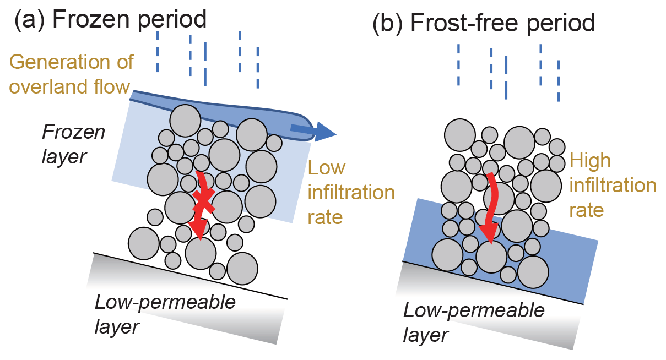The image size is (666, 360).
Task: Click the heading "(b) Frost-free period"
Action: pos(484,24)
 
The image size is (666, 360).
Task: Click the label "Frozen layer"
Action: pos(73,144)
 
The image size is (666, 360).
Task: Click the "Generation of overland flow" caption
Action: pos(71,74)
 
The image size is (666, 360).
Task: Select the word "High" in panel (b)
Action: pos(591,160)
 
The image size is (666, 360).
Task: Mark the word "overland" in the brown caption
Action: pos(51,86)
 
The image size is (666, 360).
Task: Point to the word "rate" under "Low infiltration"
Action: pos(325,217)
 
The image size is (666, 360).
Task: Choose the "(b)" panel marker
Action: pos(388,24)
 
